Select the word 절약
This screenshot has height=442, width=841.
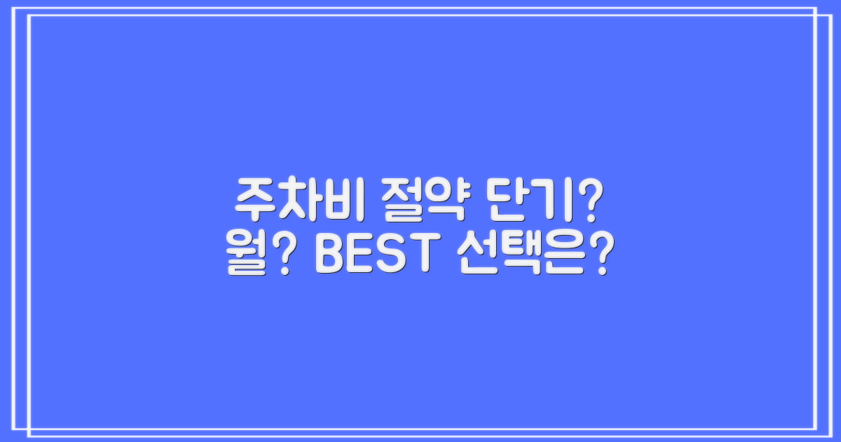(x=409, y=199)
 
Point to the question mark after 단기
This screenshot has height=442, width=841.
(x=590, y=199)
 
